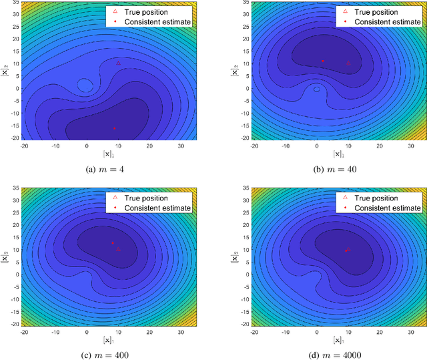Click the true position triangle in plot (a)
pos(118,63)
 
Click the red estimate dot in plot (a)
pos(114,128)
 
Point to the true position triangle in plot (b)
pos(348,63)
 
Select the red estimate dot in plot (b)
pos(323,61)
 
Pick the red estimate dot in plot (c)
pos(113,243)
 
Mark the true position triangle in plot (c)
pos(118,248)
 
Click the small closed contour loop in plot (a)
pos(85,85)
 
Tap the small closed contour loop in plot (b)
pos(317,88)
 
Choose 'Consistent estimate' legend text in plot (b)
pos(387,21)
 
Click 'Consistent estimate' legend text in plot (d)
pos(387,208)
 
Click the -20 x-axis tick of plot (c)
pos(25,330)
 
